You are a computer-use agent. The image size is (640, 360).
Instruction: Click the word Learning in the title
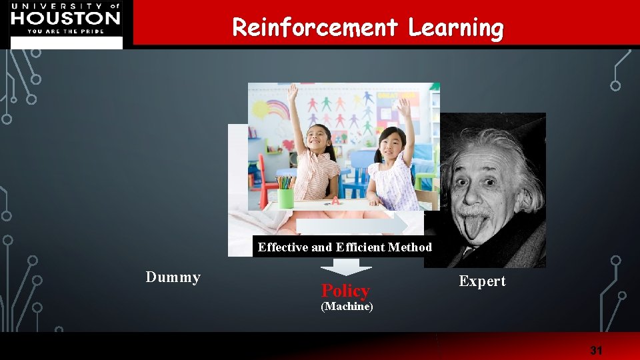pyautogui.click(x=456, y=27)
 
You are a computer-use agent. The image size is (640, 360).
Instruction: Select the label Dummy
pyautogui.click(x=173, y=277)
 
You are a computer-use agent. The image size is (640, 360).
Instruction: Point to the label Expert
pyautogui.click(x=482, y=281)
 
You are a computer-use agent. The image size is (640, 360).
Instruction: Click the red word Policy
pyautogui.click(x=345, y=291)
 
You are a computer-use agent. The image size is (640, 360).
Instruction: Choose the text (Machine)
pyautogui.click(x=347, y=307)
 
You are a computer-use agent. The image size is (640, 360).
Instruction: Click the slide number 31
pyautogui.click(x=595, y=350)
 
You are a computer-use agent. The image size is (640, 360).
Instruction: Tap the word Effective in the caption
pyautogui.click(x=283, y=247)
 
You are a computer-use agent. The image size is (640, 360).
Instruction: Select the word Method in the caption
pyautogui.click(x=410, y=247)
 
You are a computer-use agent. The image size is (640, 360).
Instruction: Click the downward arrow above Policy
pyautogui.click(x=346, y=266)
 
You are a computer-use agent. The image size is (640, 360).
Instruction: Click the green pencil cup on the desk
pyautogui.click(x=285, y=197)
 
